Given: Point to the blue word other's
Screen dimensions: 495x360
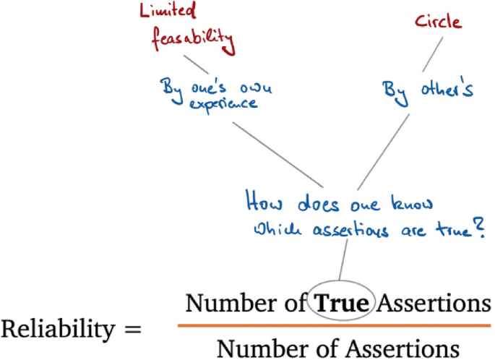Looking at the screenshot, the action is tap(447, 90).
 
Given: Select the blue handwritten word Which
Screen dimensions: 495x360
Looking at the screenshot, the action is tap(270, 230).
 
